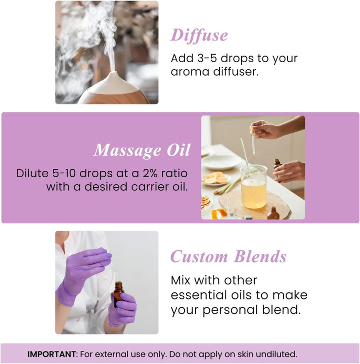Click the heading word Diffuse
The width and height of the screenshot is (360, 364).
(x=199, y=35)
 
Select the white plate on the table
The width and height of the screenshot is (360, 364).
(x=220, y=162)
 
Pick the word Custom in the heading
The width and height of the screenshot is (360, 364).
(x=198, y=257)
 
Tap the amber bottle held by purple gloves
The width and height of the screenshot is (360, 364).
(x=118, y=294)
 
